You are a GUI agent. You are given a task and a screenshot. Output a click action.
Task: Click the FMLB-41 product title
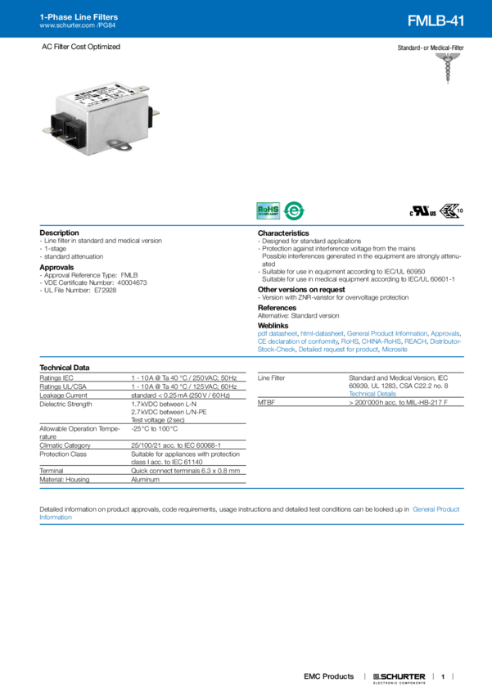pyautogui.click(x=436, y=20)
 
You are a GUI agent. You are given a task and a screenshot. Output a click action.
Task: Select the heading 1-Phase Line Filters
pyautogui.click(x=73, y=16)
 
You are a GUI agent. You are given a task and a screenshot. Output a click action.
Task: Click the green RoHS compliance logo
pyautogui.click(x=269, y=211)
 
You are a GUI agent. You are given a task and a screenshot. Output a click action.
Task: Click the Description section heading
pyautogui.click(x=59, y=233)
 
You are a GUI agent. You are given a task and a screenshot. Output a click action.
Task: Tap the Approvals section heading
pyautogui.click(x=58, y=266)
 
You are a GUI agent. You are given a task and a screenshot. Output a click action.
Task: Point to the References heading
pyautogui.click(x=276, y=307)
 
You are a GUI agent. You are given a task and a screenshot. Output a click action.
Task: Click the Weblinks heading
pyautogui.click(x=273, y=324)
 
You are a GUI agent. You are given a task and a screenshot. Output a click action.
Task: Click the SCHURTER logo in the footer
pyautogui.click(x=399, y=676)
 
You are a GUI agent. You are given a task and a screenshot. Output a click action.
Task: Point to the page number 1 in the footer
pyautogui.click(x=442, y=676)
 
